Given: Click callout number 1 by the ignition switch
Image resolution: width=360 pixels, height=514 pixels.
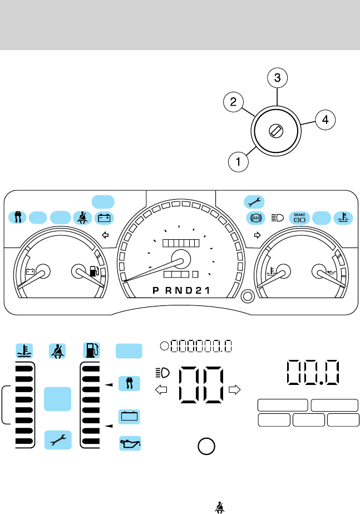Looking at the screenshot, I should click(238, 162).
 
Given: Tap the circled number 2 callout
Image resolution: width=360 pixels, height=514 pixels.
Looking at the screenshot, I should click(234, 102).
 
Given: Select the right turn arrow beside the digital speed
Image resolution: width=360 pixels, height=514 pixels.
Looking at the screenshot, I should click(234, 389).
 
